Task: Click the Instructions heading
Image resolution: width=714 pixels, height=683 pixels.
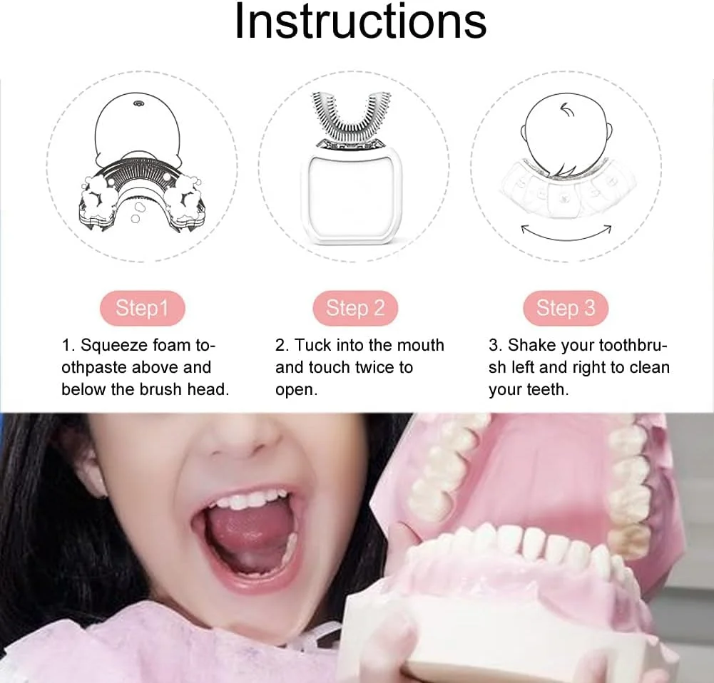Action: (x=360, y=21)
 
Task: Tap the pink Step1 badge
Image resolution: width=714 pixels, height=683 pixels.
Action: (x=143, y=308)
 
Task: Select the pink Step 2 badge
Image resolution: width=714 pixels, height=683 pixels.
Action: (x=355, y=308)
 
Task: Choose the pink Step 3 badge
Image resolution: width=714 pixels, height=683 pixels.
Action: (x=566, y=308)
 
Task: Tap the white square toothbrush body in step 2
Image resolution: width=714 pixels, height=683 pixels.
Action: (x=351, y=195)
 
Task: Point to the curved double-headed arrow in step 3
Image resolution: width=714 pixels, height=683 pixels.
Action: (x=566, y=237)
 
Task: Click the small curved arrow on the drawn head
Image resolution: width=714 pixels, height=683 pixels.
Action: (x=567, y=109)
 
